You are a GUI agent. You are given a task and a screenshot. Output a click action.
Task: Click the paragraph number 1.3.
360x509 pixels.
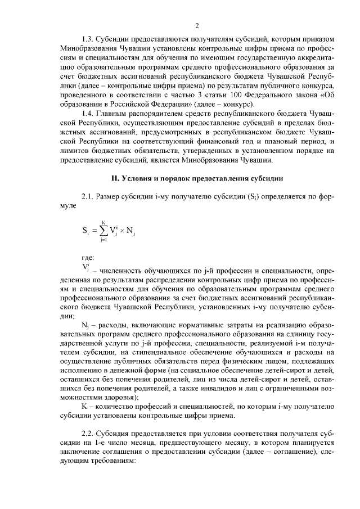point(88,39)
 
